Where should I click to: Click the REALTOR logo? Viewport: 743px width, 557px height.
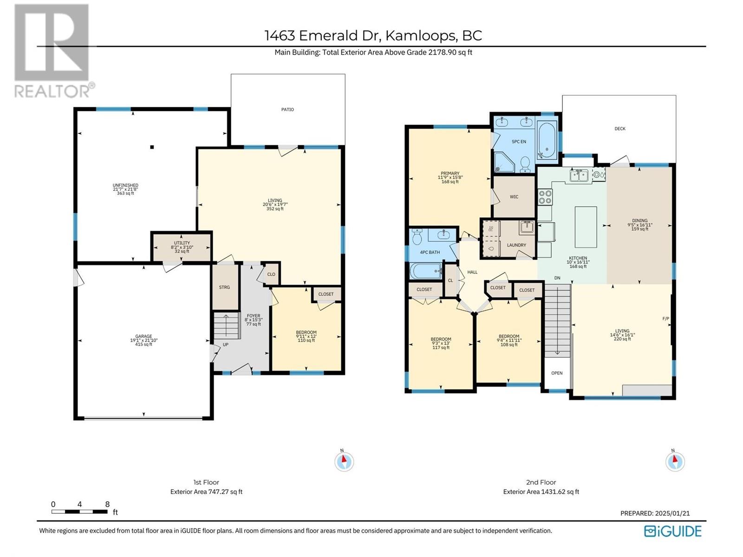[x=54, y=51]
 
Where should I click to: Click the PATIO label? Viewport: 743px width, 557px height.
[x=287, y=110]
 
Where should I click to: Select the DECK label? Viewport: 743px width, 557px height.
[x=620, y=129]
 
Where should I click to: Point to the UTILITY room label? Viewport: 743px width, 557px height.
[x=182, y=243]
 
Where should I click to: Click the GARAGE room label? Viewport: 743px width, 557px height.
[x=143, y=337]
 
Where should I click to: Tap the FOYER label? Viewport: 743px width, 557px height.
[x=253, y=316]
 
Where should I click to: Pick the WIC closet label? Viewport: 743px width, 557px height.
[x=514, y=197]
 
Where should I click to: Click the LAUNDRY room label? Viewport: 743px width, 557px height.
[x=516, y=245]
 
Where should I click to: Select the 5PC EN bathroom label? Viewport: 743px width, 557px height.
[x=519, y=142]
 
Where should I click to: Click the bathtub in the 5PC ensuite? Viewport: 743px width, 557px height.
[x=547, y=140]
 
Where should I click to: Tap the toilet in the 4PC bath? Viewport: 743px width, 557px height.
[x=417, y=237]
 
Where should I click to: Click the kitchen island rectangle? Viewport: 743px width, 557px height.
[x=586, y=227]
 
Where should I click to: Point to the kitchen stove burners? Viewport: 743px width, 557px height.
[x=545, y=197]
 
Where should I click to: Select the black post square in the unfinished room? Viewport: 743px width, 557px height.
[x=152, y=147]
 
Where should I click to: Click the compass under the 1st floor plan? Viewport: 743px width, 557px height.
[x=344, y=461]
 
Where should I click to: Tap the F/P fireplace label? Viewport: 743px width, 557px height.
[x=665, y=318]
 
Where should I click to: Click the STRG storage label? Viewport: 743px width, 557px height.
[x=224, y=287]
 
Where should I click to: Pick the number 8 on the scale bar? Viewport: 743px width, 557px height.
[x=107, y=504]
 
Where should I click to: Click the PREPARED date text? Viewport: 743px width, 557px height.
[x=655, y=513]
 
